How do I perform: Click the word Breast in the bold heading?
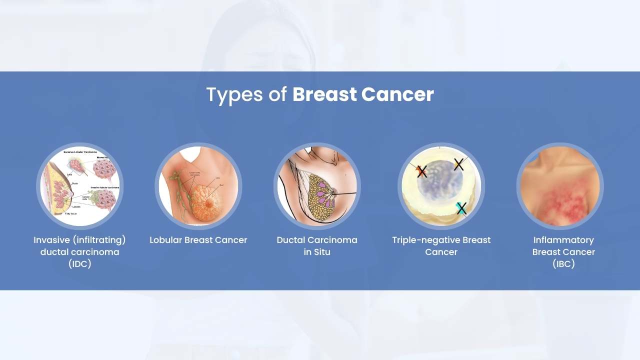[x=324, y=94]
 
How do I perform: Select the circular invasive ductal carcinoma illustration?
[x=80, y=186]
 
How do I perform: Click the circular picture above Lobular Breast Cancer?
[x=198, y=186]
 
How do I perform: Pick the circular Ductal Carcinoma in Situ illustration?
[x=317, y=186]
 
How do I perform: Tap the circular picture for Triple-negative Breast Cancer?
[x=441, y=186]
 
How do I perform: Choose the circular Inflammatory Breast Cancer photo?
[x=560, y=186]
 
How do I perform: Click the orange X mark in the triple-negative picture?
[x=421, y=171]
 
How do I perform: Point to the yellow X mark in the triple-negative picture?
[x=458, y=164]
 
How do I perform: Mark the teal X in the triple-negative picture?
[x=461, y=208]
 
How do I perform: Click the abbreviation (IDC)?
[x=80, y=264]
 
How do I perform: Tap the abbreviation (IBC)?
[x=563, y=264]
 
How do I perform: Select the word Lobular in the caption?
[x=165, y=240]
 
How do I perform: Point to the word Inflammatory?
[x=563, y=240]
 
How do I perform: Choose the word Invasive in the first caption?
[x=51, y=240]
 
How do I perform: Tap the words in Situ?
[x=317, y=252]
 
